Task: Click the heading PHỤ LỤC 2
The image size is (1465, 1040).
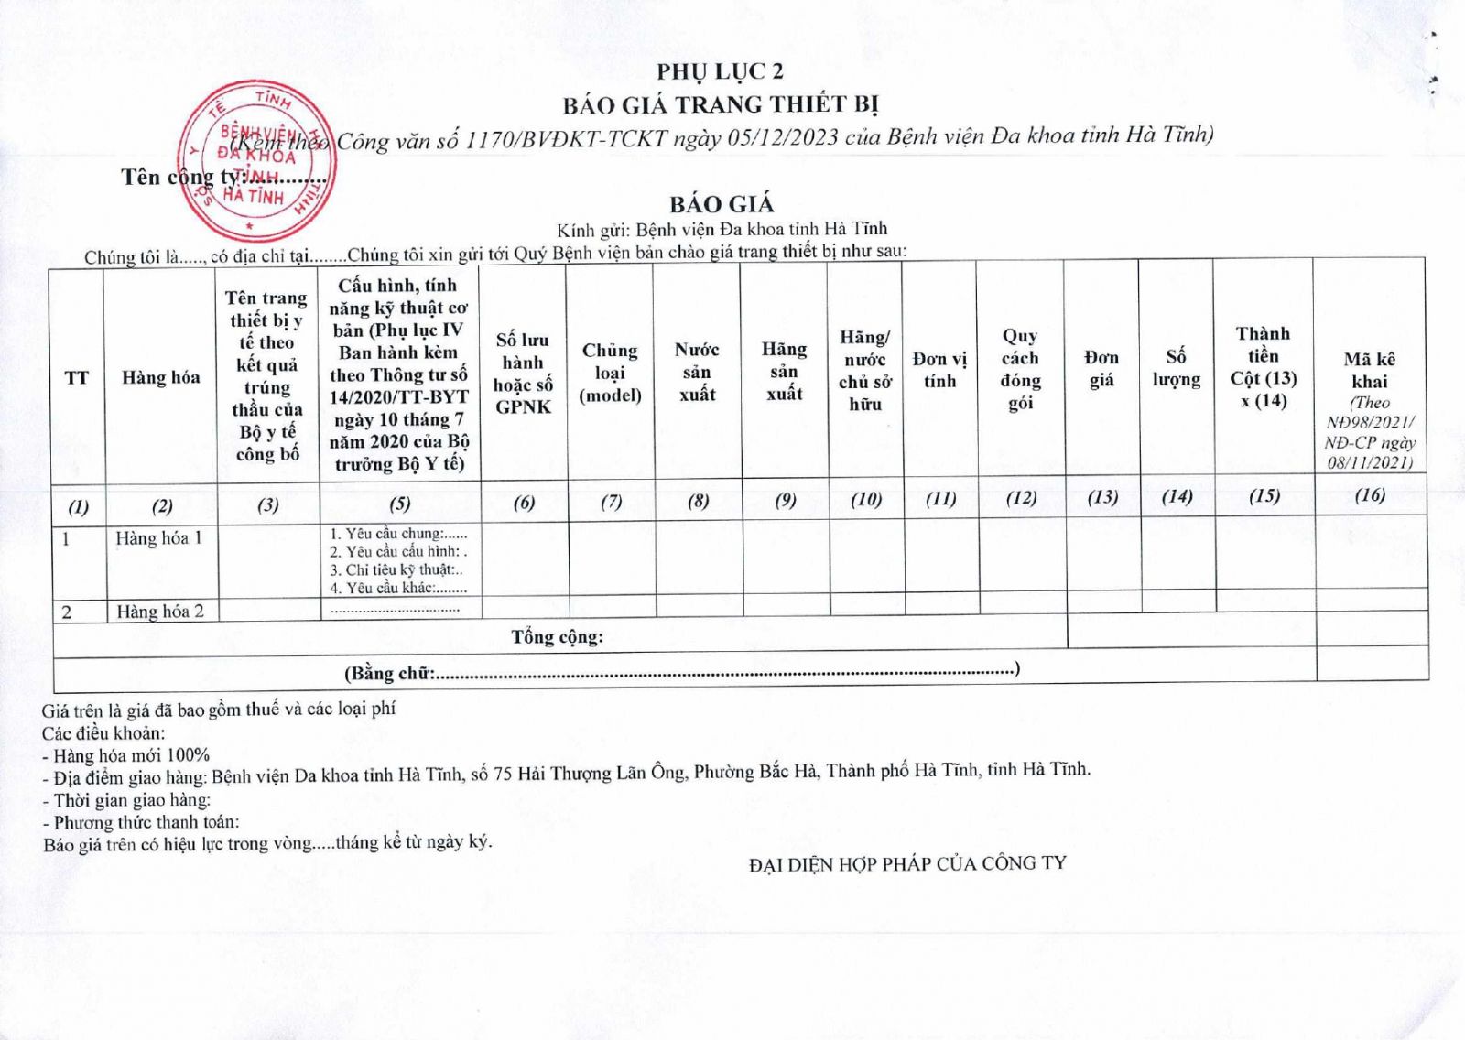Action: click(720, 71)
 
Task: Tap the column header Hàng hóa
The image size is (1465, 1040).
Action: click(161, 377)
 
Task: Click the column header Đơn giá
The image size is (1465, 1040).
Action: click(1101, 368)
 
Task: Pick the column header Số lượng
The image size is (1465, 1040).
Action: click(1177, 367)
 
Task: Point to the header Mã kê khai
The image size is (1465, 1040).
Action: click(1370, 370)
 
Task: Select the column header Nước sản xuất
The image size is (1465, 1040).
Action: click(697, 372)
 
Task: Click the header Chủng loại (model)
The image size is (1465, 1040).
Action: click(610, 373)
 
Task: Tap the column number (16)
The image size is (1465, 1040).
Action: click(1370, 495)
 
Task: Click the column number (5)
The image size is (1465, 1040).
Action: click(400, 503)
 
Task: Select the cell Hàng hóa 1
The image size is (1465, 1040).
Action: click(158, 538)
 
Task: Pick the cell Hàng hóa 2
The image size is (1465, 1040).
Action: click(160, 612)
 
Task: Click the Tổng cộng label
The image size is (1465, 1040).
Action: click(557, 636)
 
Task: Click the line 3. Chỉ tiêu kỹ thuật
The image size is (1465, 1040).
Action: click(396, 569)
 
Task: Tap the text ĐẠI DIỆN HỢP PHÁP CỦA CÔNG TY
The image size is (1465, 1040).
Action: click(907, 863)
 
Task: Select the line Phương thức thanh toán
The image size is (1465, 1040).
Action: click(141, 821)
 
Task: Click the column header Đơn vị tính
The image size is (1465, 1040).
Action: click(939, 370)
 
